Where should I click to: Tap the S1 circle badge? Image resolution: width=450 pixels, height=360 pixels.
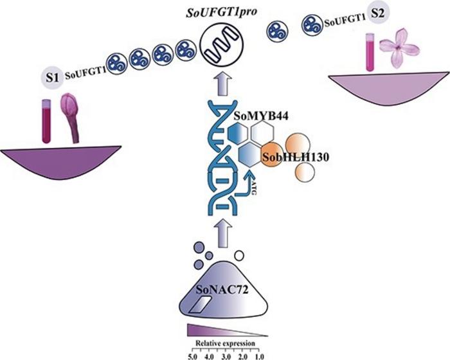[x=52, y=77]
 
